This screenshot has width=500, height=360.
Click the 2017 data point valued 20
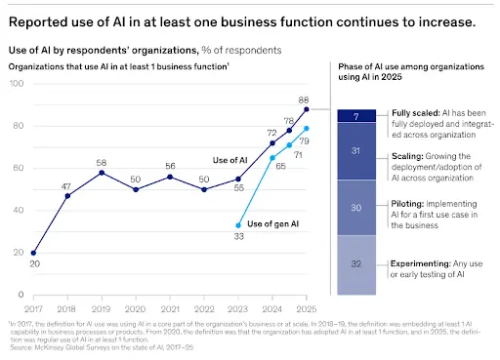tap(34, 252)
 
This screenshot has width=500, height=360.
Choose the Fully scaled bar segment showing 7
tap(357, 116)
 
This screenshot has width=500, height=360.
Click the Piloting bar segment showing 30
tap(357, 206)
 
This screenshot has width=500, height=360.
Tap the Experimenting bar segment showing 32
tap(357, 264)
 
